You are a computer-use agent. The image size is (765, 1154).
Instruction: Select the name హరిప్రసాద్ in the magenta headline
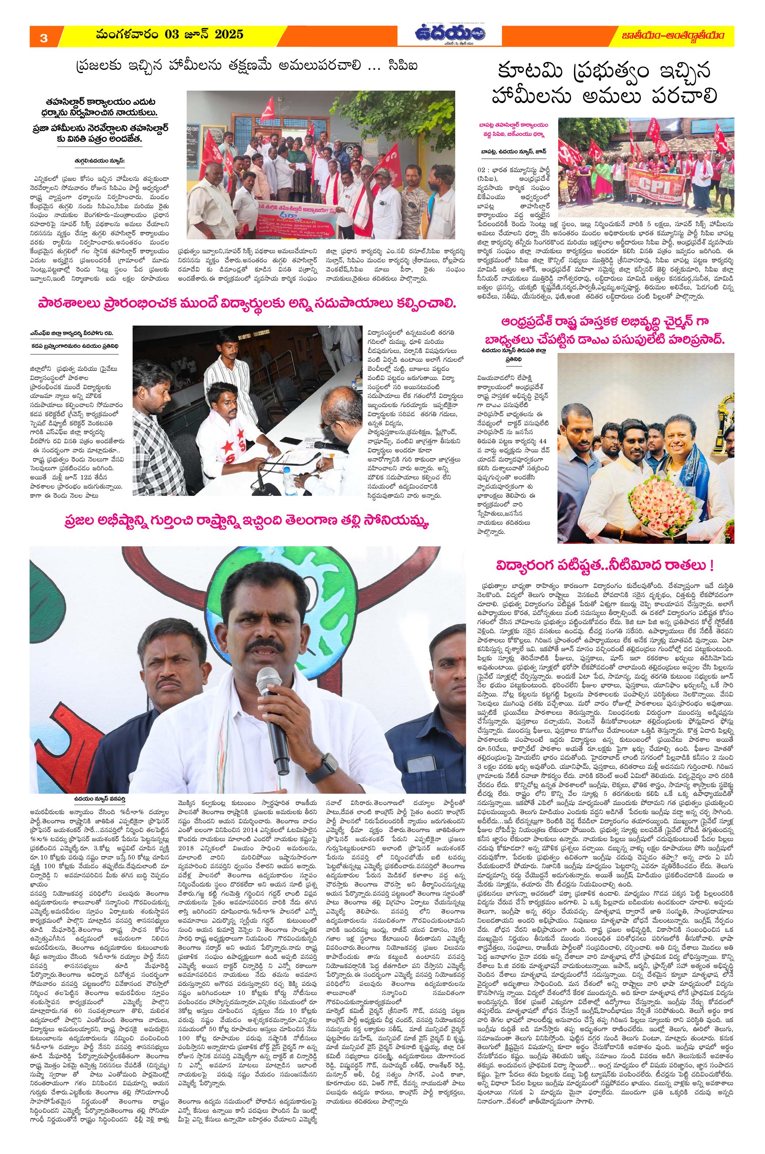coord(697,342)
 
